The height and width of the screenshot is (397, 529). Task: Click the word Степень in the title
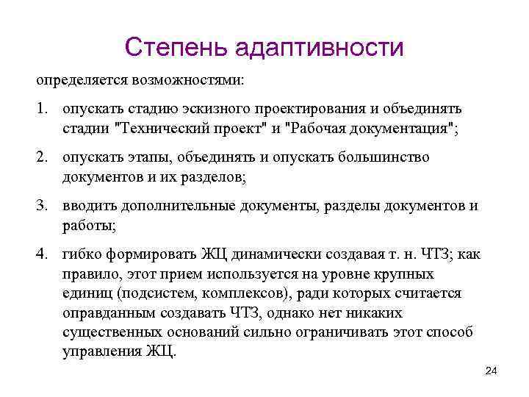(177, 48)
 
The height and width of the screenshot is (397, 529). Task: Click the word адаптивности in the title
(320, 49)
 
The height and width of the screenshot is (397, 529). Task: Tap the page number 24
(492, 370)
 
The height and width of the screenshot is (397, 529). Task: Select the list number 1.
(43, 109)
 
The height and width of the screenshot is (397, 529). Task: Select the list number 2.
(43, 157)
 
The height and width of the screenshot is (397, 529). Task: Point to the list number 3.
(43, 206)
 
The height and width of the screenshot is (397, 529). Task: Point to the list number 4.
(43, 254)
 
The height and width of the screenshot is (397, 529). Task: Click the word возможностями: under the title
(189, 78)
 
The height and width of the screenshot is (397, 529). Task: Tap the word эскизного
(223, 109)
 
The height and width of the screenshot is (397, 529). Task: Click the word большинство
(389, 157)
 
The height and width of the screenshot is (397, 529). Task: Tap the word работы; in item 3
(85, 225)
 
